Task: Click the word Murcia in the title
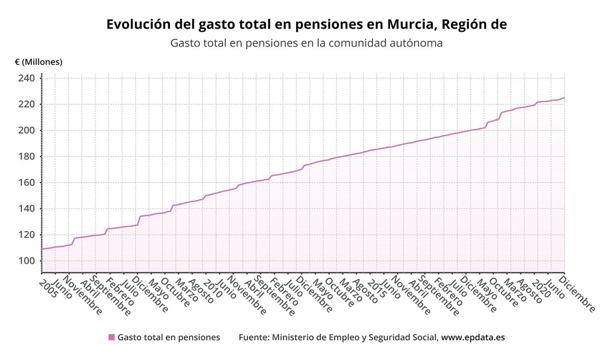409,25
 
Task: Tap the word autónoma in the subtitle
415,43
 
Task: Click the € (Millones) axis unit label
39,62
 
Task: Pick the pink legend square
111,338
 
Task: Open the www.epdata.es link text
473,338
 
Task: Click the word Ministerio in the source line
297,338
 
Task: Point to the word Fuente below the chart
253,338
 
